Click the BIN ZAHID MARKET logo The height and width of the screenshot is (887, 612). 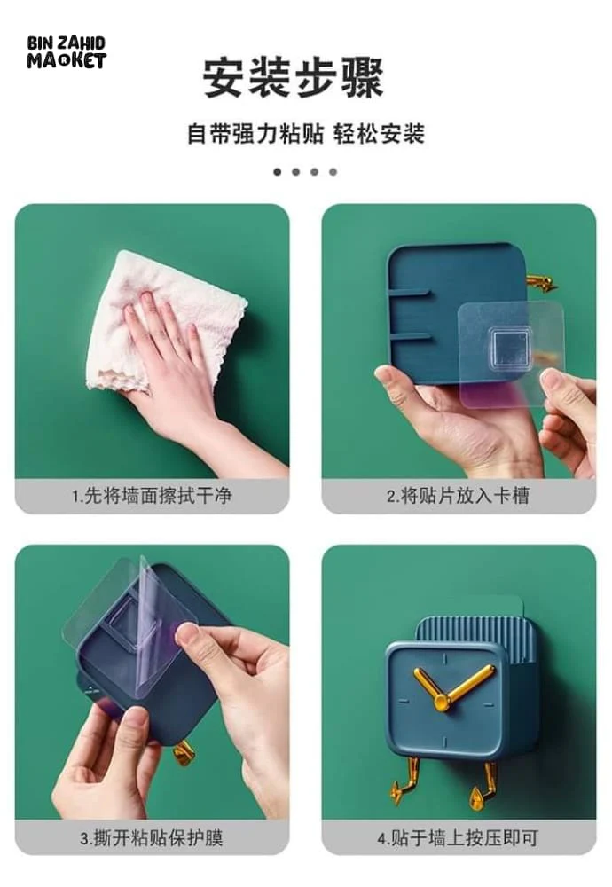tap(67, 52)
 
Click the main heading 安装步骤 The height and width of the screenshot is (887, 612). tap(294, 77)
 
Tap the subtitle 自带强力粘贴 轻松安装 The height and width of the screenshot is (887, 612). tap(305, 135)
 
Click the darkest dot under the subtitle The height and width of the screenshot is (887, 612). tap(277, 172)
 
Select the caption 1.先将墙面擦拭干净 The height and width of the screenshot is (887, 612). tap(152, 496)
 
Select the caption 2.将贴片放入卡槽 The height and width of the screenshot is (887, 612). tap(459, 496)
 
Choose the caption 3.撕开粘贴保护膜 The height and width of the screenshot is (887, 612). tap(152, 837)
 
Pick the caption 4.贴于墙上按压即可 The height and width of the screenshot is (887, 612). tap(459, 837)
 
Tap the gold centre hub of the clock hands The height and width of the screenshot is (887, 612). tap(442, 703)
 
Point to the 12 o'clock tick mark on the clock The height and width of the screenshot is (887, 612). tap(444, 660)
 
